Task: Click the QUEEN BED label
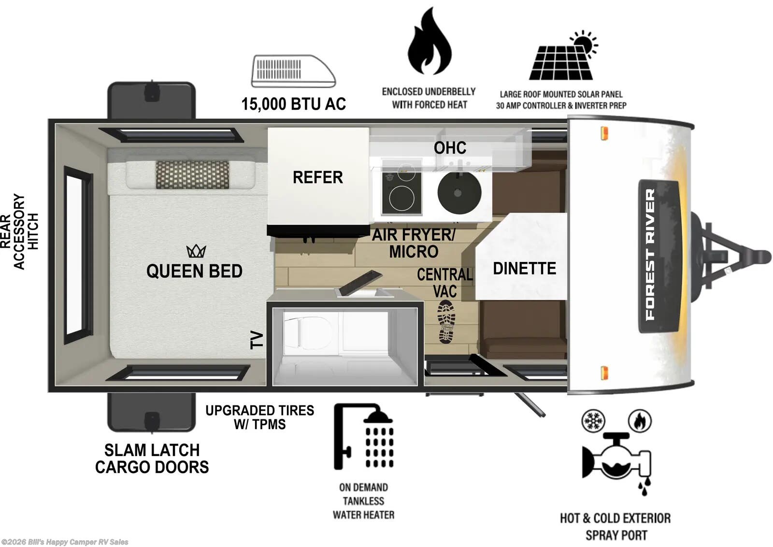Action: [194, 271]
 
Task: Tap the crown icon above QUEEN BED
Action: [196, 251]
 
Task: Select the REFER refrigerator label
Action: [317, 177]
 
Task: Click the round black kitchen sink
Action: [459, 192]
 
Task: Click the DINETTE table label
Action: [524, 268]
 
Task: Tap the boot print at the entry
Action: [446, 321]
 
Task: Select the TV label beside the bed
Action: [257, 340]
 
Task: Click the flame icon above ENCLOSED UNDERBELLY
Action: [429, 43]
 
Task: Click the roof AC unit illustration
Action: [293, 71]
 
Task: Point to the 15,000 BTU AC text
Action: [293, 104]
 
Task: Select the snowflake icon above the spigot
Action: [593, 421]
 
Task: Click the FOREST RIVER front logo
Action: [651, 255]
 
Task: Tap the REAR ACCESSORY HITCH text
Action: [19, 231]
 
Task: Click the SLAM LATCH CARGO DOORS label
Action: [152, 459]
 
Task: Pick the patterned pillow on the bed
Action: [192, 175]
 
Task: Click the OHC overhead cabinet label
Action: [450, 148]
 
